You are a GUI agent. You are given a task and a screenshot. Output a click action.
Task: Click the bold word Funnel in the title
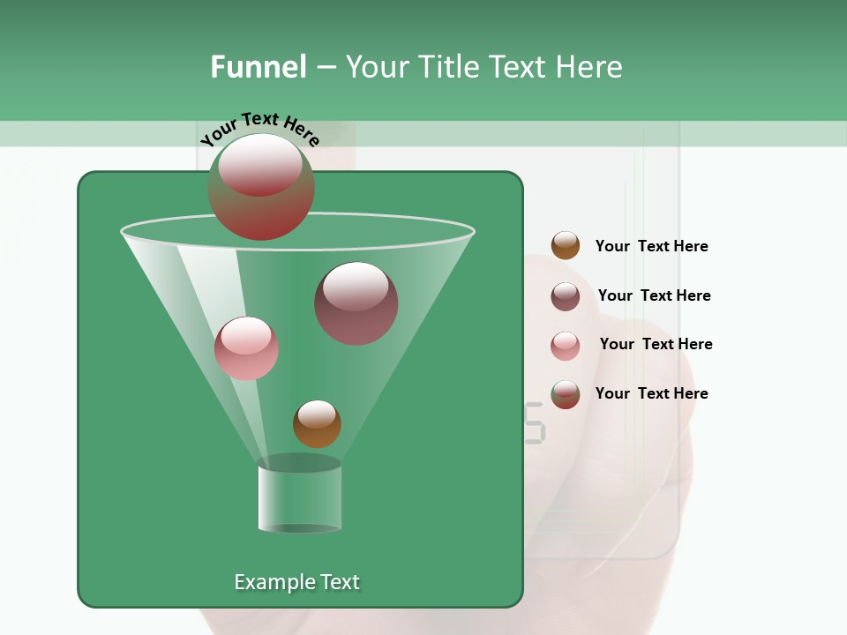pyautogui.click(x=258, y=67)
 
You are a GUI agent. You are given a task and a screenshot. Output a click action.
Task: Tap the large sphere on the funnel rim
pyautogui.click(x=261, y=187)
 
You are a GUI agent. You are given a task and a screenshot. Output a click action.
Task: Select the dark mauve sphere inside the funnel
pyautogui.click(x=356, y=303)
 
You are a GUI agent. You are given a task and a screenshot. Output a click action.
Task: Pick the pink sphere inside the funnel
pyautogui.click(x=246, y=348)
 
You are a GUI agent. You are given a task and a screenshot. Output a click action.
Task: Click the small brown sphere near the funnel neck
pyautogui.click(x=317, y=424)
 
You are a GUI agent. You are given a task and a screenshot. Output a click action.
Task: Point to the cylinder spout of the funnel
pyautogui.click(x=299, y=498)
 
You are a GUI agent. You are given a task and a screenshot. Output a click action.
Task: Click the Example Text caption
pyautogui.click(x=296, y=582)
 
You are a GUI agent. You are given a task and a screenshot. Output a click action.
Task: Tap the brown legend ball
pyautogui.click(x=566, y=246)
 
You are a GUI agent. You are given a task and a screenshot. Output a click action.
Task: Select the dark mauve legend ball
pyautogui.click(x=566, y=296)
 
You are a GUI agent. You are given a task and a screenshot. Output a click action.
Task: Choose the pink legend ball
pyautogui.click(x=566, y=346)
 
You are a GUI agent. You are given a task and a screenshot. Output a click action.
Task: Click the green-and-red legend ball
pyautogui.click(x=566, y=394)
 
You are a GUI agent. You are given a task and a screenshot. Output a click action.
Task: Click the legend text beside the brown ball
pyautogui.click(x=651, y=246)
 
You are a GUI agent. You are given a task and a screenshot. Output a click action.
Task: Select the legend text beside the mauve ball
pyautogui.click(x=654, y=295)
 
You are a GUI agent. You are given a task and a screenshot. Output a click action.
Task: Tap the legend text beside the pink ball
pyautogui.click(x=656, y=344)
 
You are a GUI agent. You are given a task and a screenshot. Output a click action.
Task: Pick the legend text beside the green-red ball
pyautogui.click(x=651, y=393)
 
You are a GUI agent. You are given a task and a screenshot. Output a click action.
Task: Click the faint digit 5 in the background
pyautogui.click(x=535, y=422)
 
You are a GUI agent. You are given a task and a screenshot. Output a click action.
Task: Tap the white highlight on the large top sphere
pyautogui.click(x=261, y=163)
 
